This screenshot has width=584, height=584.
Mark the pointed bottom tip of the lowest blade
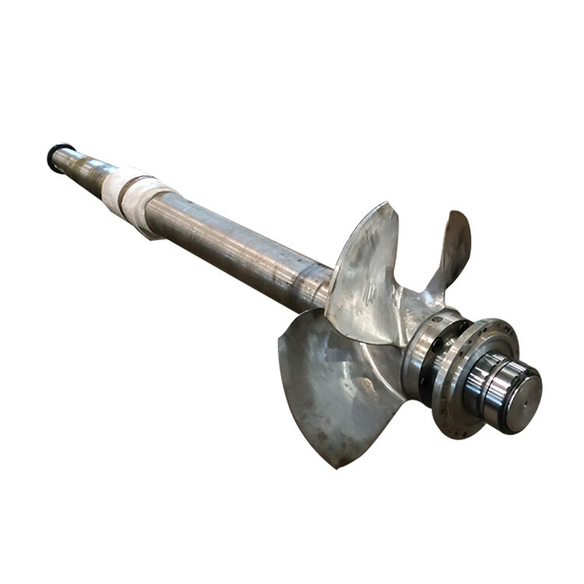336,466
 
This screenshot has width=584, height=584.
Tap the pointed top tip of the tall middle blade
387,204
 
